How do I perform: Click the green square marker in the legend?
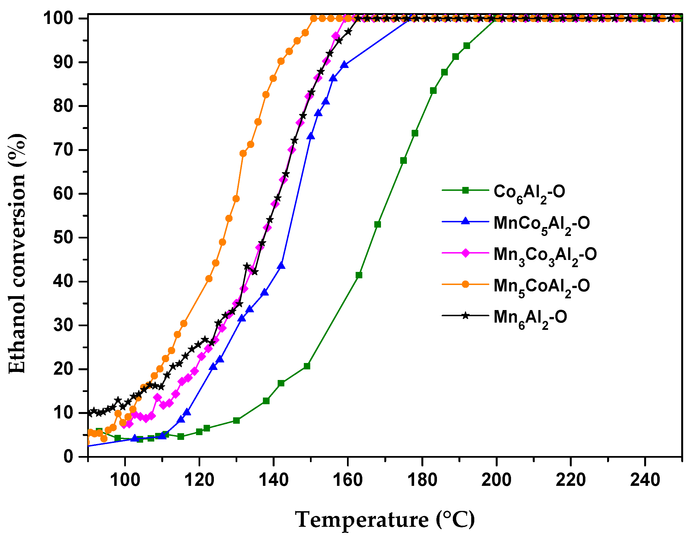point(465,190)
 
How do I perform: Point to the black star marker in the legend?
point(465,316)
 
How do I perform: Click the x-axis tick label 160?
point(348,480)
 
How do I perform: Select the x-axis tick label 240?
point(645,480)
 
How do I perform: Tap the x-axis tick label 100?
point(125,480)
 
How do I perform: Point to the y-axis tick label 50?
point(63,238)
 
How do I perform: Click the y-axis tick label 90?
point(63,62)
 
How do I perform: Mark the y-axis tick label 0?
point(68,457)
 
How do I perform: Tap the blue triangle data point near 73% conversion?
point(311,136)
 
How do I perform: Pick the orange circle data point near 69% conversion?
point(243,153)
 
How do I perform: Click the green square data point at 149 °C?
point(307,366)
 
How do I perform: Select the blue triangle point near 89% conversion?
point(344,65)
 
